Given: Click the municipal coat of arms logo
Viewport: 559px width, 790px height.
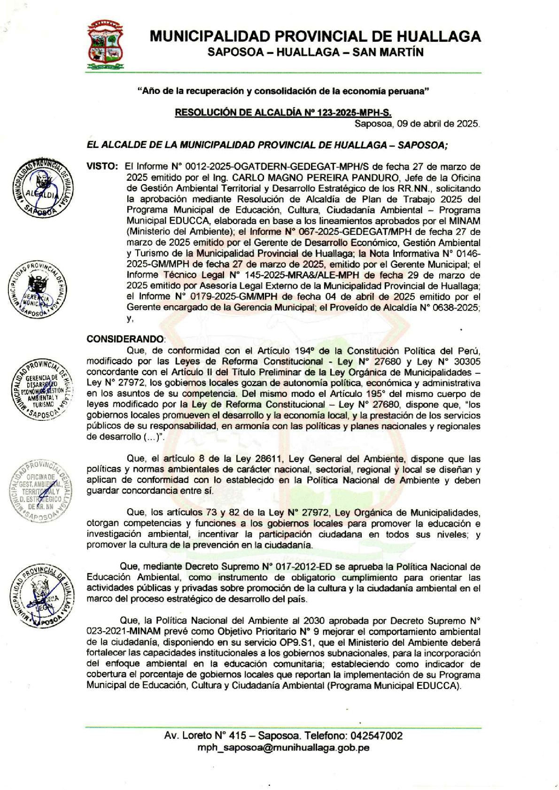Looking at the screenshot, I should click(105, 45).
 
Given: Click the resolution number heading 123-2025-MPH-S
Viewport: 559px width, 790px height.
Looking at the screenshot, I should click(283, 112).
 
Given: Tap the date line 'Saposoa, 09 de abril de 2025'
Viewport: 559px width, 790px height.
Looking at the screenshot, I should click(417, 124).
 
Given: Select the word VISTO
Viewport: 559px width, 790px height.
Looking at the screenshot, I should click(102, 166).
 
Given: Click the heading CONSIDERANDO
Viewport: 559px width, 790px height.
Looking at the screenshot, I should click(125, 339).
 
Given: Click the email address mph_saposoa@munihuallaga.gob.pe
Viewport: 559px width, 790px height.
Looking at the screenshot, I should click(283, 747).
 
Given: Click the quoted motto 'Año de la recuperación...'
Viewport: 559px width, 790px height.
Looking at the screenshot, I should click(283, 91).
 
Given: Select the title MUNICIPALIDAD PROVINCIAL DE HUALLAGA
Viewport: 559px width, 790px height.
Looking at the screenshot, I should click(315, 37).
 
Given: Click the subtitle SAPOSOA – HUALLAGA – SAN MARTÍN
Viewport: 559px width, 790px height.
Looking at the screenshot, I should click(315, 52).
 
